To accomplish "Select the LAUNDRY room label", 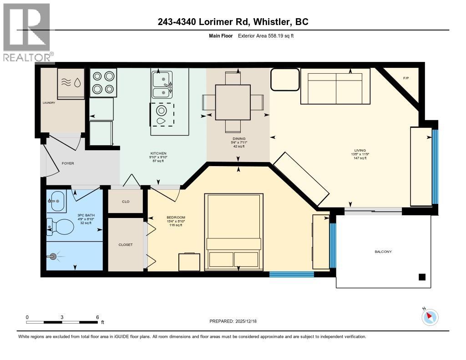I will pyautogui.click(x=49, y=103).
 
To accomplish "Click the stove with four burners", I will pyautogui.click(x=103, y=82).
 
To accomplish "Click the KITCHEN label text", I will pyautogui.click(x=158, y=153).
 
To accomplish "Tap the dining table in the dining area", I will pyautogui.click(x=233, y=101).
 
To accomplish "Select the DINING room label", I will pyautogui.click(x=239, y=139).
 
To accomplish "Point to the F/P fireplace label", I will pyautogui.click(x=406, y=78).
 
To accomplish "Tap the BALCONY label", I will pyautogui.click(x=383, y=252).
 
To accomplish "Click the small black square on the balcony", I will pyautogui.click(x=422, y=277).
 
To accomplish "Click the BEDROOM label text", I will pyautogui.click(x=176, y=218).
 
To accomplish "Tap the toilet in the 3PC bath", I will pyautogui.click(x=61, y=226).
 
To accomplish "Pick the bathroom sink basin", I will pyautogui.click(x=56, y=200).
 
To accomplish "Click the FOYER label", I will pyautogui.click(x=68, y=163).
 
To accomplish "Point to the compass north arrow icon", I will pyautogui.click(x=430, y=317).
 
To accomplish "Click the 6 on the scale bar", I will pyautogui.click(x=97, y=317).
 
